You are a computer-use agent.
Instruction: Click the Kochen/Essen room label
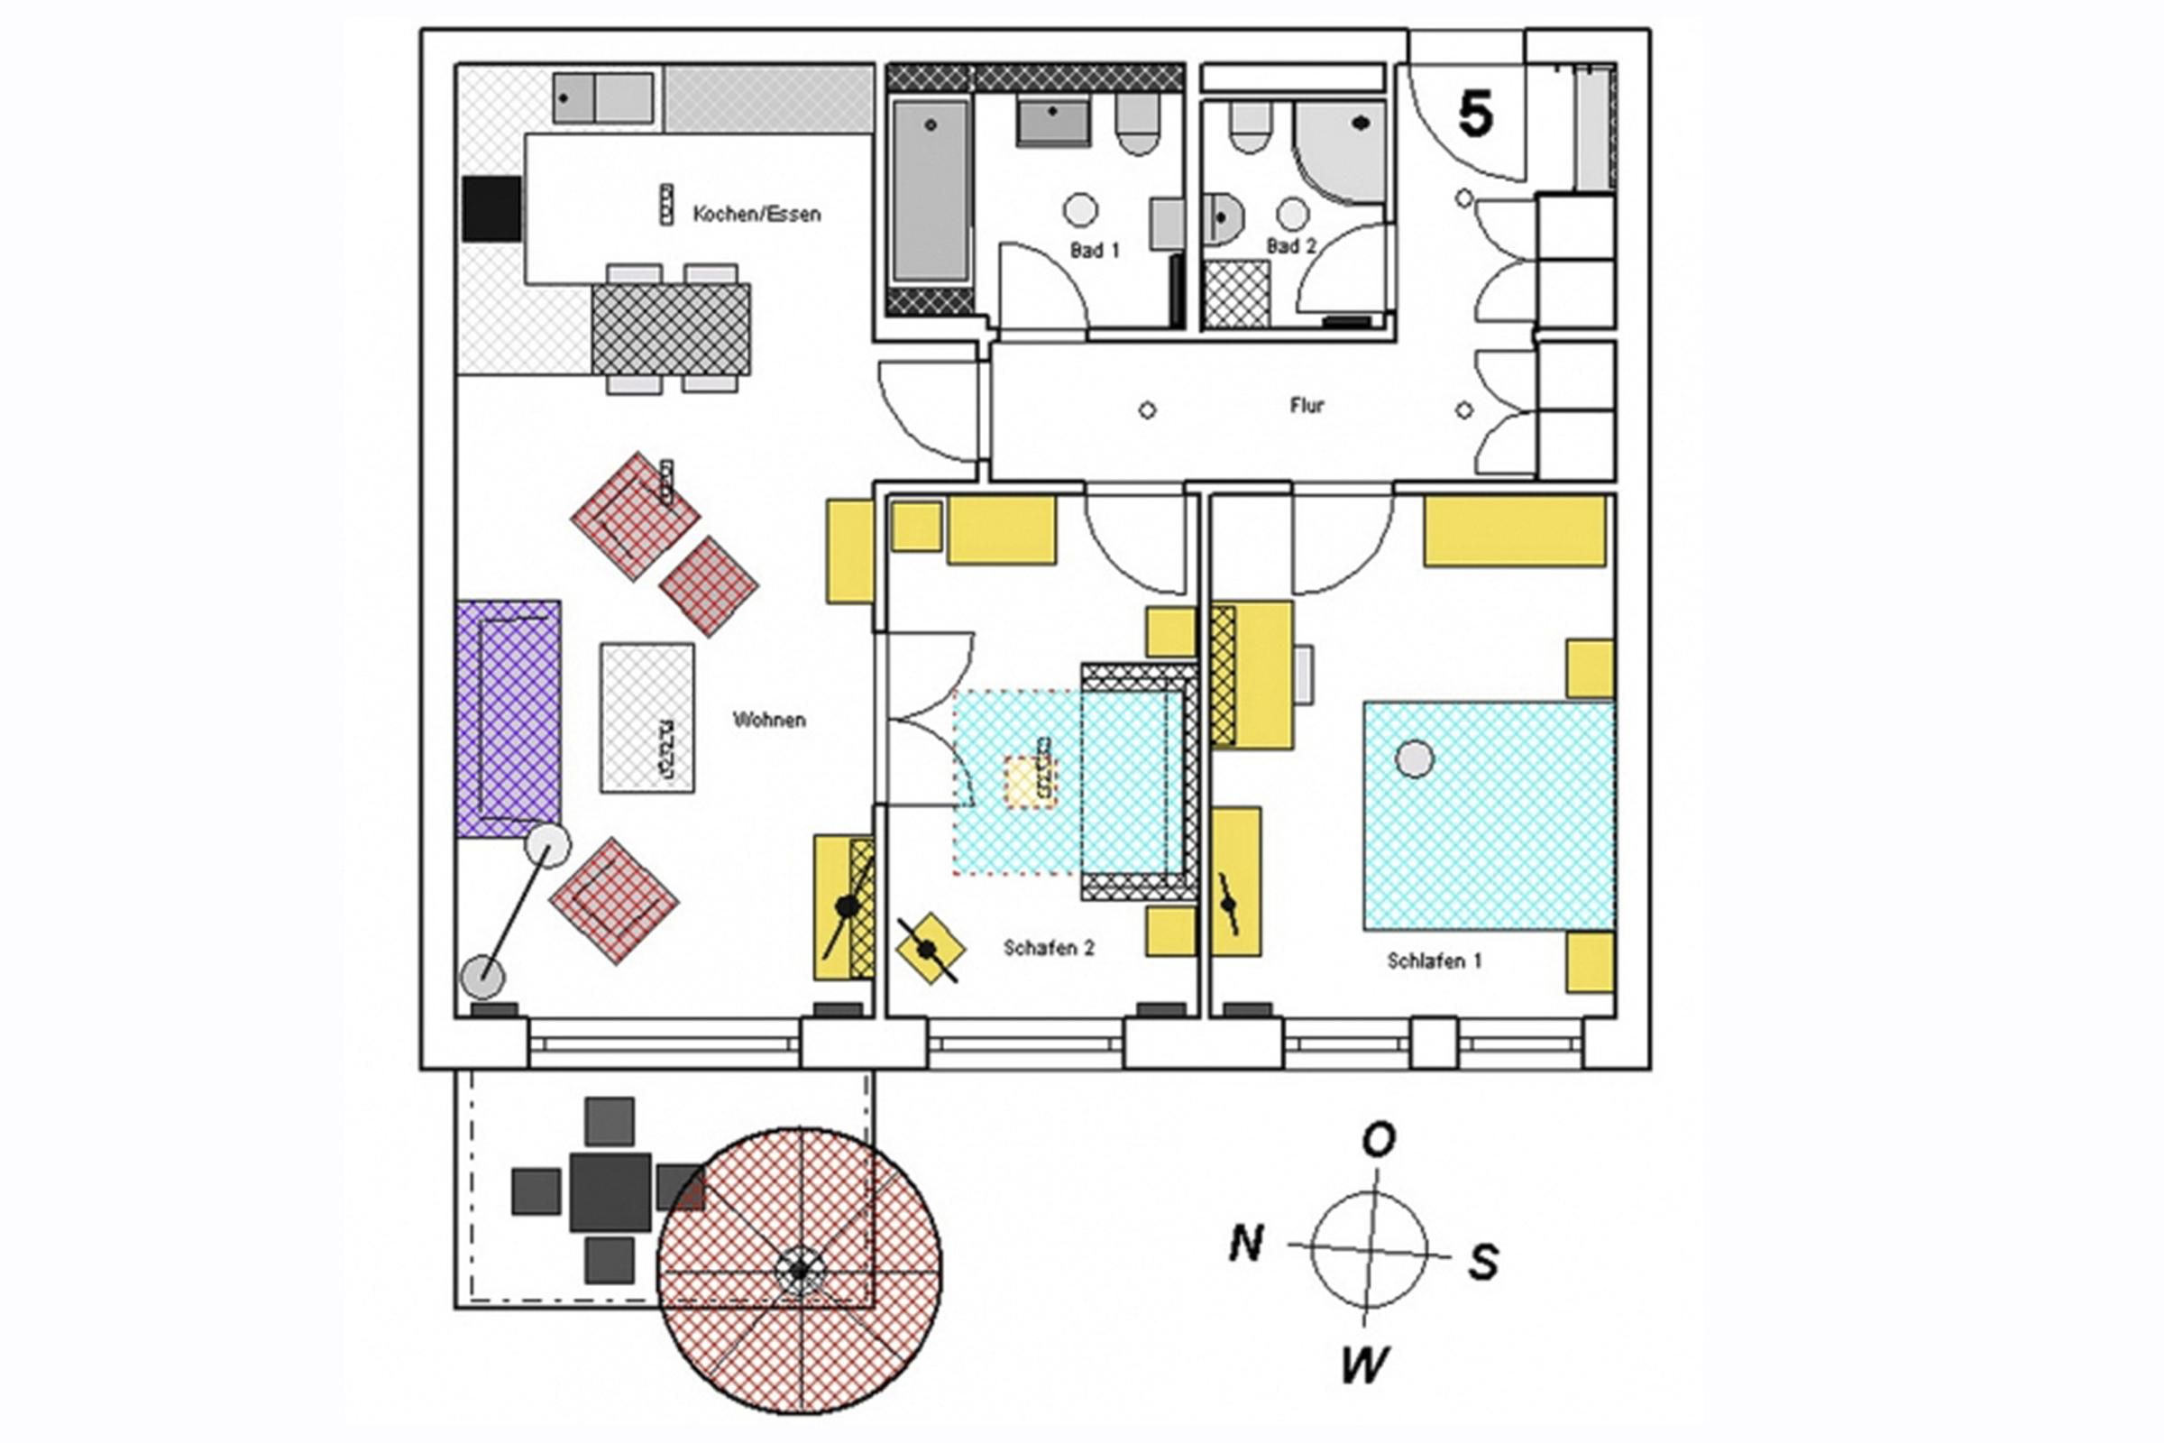(756, 215)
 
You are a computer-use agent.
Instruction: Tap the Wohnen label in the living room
(769, 720)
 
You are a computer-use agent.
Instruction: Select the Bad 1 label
(1095, 251)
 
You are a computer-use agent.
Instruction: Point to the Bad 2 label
(1292, 246)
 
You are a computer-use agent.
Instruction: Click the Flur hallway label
(1307, 405)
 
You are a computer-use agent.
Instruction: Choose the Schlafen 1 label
(1435, 960)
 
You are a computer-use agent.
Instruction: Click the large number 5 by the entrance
(1475, 115)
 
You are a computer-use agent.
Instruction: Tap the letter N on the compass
(1246, 1245)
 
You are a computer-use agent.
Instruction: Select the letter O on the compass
(1379, 1140)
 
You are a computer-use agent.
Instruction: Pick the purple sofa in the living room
(508, 719)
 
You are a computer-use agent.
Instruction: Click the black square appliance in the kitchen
(491, 209)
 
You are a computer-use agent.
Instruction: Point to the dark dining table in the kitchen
(671, 328)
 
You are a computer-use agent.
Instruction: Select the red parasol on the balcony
(799, 1271)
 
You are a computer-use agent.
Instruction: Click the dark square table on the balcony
(610, 1191)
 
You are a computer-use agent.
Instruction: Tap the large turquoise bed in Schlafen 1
(1489, 815)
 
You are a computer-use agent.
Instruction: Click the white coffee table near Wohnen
(646, 718)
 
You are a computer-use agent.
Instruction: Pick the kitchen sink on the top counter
(602, 98)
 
